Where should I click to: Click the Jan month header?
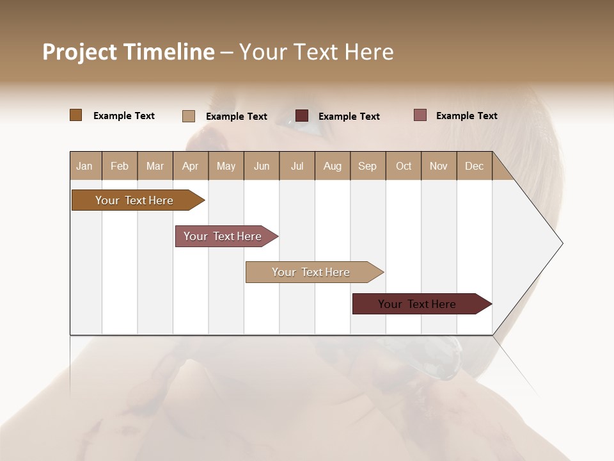point(84,166)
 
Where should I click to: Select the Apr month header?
point(190,166)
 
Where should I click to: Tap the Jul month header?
point(297,166)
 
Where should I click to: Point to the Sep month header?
point(367,166)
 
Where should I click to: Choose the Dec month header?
point(474,166)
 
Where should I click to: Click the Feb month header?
point(120,166)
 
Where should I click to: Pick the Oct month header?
point(404,166)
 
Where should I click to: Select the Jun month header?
point(262,166)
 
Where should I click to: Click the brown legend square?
point(75,115)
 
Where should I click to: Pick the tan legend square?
point(188,116)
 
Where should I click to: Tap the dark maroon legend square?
point(301,116)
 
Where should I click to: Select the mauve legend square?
point(420,115)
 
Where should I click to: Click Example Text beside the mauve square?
point(466,116)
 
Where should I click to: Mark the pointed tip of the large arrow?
point(562,243)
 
